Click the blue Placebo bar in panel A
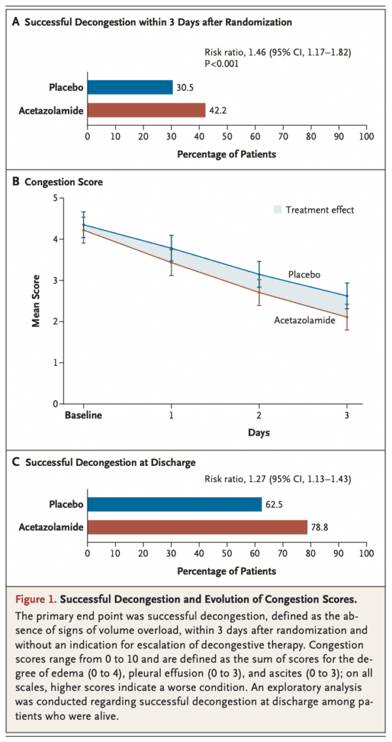129,88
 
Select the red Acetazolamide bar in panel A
146,110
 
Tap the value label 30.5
184,88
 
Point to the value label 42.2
217,110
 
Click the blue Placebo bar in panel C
174,504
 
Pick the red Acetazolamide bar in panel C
197,527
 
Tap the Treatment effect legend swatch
277,210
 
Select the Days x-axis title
259,433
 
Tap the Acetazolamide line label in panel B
304,320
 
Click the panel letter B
16,182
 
